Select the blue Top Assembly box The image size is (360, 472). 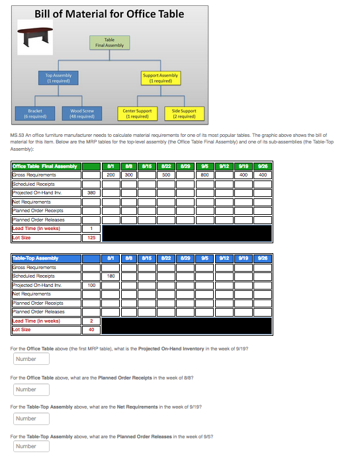click(x=58, y=78)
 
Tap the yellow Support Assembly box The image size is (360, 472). click(x=160, y=78)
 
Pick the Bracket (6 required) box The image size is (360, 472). click(x=36, y=113)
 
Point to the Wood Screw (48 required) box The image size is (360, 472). click(x=82, y=113)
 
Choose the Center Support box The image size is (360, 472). click(x=138, y=113)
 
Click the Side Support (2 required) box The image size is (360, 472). click(x=184, y=113)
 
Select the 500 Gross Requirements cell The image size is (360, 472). click(x=168, y=175)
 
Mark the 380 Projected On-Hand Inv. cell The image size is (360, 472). click(x=91, y=193)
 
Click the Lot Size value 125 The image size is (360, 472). click(x=91, y=237)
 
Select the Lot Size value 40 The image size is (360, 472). click(x=91, y=329)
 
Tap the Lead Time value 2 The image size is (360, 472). click(x=91, y=321)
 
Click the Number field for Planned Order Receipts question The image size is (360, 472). click(x=32, y=389)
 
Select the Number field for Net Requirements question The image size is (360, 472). click(x=32, y=418)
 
